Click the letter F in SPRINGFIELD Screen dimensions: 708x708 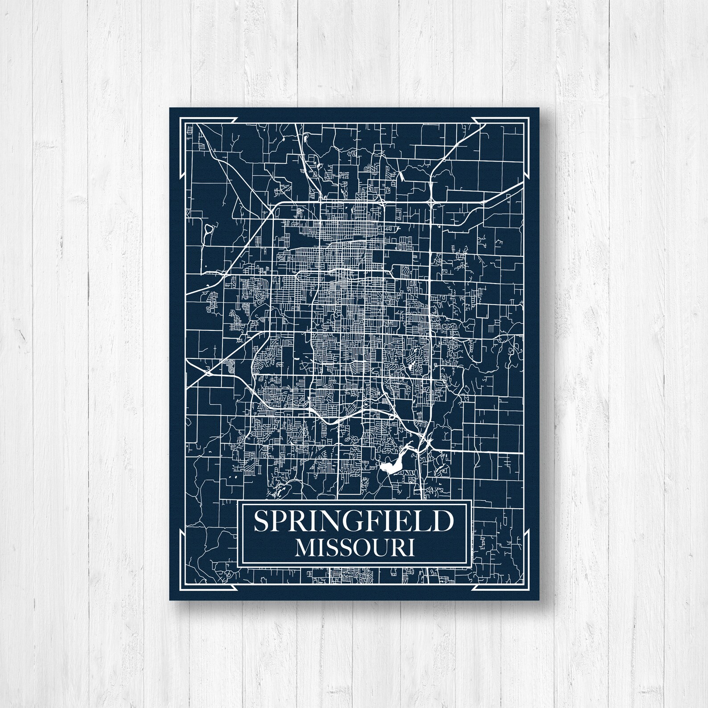[378, 521]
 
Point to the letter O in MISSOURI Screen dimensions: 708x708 [361, 547]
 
